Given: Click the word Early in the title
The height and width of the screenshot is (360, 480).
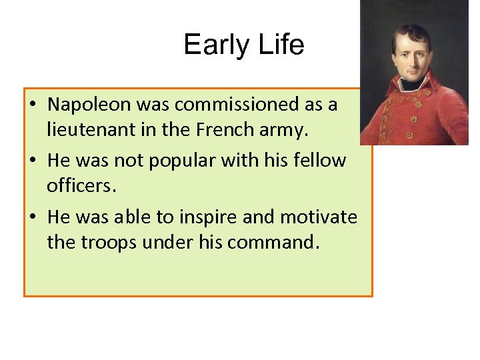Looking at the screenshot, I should pyautogui.click(x=212, y=45).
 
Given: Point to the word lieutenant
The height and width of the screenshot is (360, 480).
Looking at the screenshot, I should pyautogui.click(x=88, y=129).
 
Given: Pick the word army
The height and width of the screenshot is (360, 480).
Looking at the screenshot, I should pyautogui.click(x=285, y=131).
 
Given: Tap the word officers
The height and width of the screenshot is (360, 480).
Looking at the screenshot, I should pyautogui.click(x=81, y=185).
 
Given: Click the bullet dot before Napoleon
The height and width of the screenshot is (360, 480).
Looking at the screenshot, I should pyautogui.click(x=32, y=105).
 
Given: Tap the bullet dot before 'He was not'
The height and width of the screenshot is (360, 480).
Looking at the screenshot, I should pyautogui.click(x=32, y=161).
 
